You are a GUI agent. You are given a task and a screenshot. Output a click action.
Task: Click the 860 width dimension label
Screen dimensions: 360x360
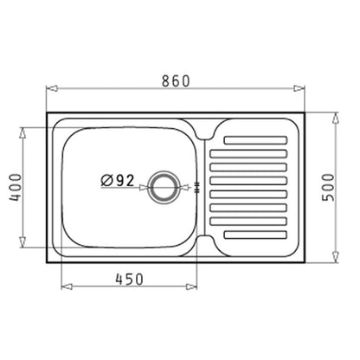click(176, 80)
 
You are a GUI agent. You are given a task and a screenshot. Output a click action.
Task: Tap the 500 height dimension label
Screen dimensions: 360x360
click(328, 188)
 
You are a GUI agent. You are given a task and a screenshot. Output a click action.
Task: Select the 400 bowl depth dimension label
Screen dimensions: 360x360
click(16, 187)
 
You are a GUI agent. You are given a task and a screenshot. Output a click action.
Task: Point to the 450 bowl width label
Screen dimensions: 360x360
click(129, 279)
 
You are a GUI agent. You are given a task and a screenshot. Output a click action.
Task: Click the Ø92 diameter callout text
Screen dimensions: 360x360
click(118, 181)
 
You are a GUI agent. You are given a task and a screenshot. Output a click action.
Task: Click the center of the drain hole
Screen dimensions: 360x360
click(164, 187)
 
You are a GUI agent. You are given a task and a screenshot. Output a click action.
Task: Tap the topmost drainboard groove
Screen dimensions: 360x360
click(255, 140)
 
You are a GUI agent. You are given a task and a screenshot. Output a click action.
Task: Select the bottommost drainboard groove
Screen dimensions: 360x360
click(255, 235)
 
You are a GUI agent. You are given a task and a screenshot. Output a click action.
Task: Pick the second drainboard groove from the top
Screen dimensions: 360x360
click(248, 154)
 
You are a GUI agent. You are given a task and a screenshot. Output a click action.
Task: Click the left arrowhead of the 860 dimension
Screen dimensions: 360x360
click(52, 88)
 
